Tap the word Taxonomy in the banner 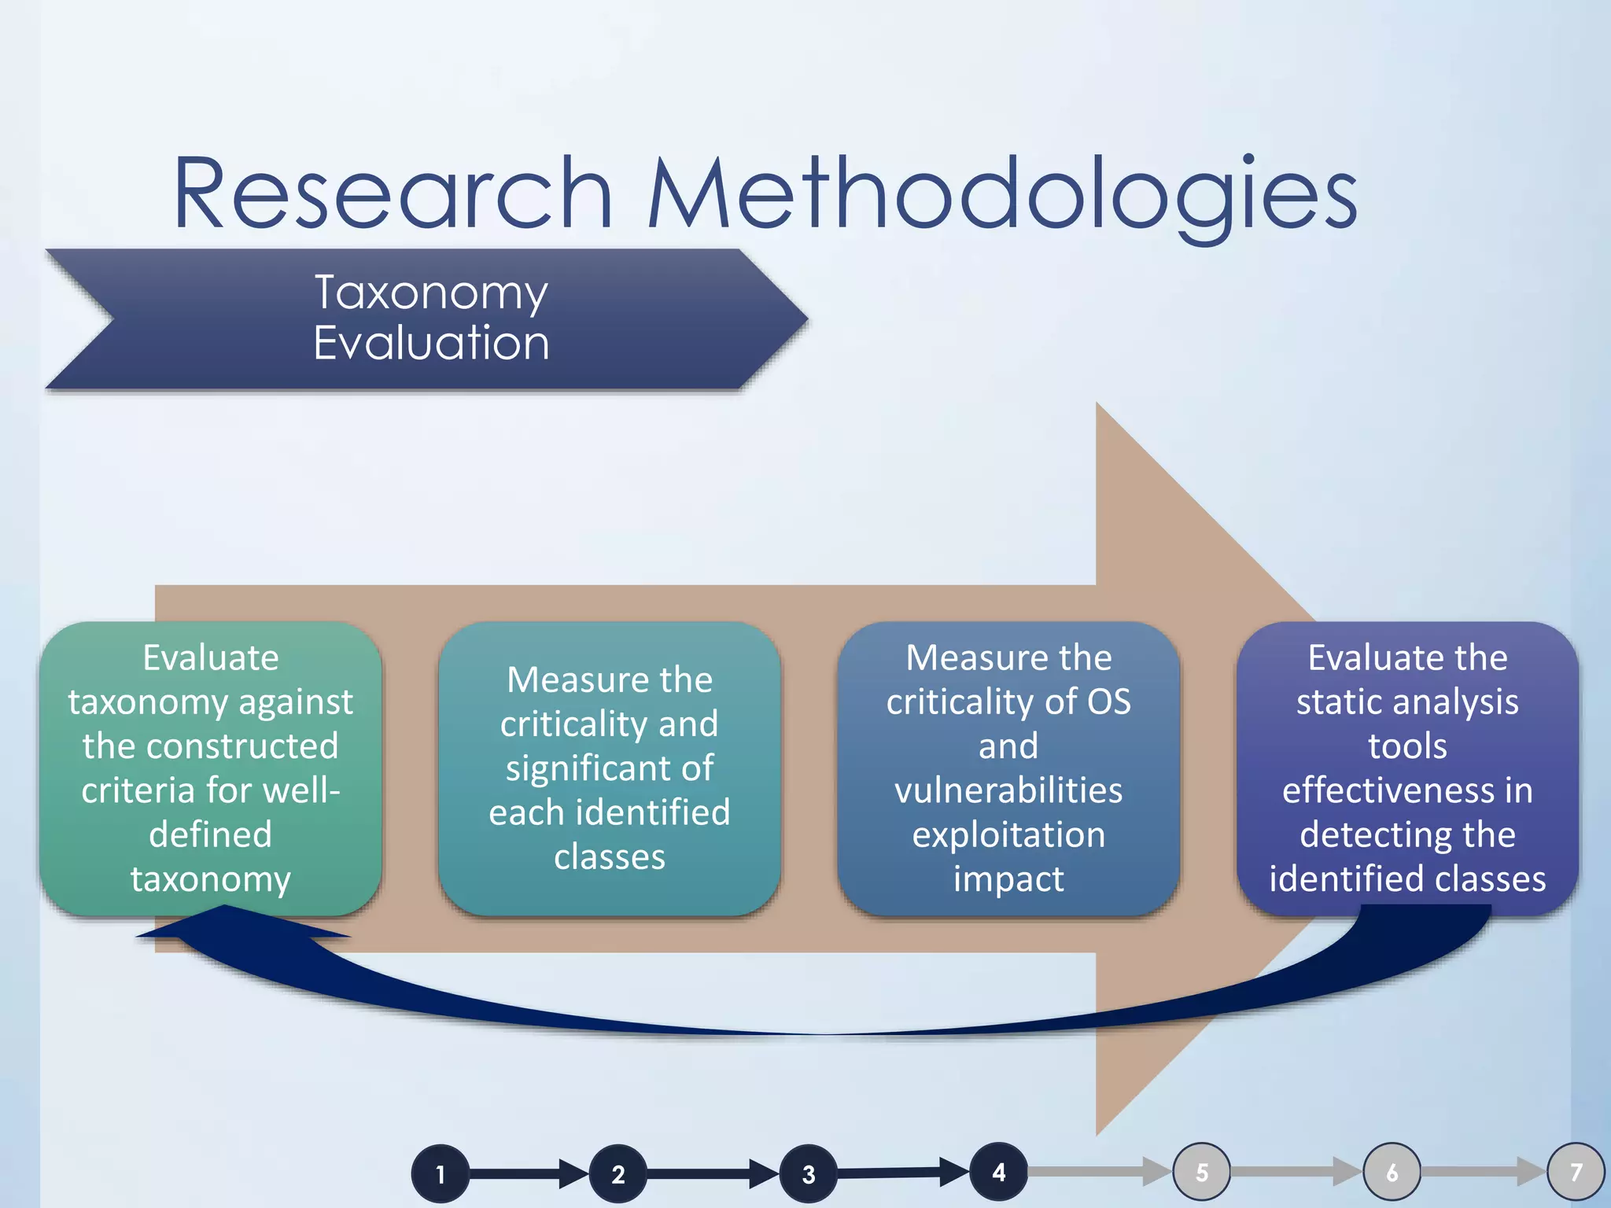(x=431, y=293)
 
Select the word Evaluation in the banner (x=431, y=343)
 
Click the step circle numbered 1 (x=441, y=1174)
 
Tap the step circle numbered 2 (x=618, y=1174)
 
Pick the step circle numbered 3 (x=809, y=1174)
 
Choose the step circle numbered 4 (x=999, y=1172)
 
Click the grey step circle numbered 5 (x=1202, y=1172)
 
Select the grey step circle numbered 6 (x=1392, y=1172)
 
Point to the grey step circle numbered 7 (x=1576, y=1172)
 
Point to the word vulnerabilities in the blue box (x=1008, y=790)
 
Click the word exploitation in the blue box (x=1008, y=834)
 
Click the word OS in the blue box (x=1108, y=702)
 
